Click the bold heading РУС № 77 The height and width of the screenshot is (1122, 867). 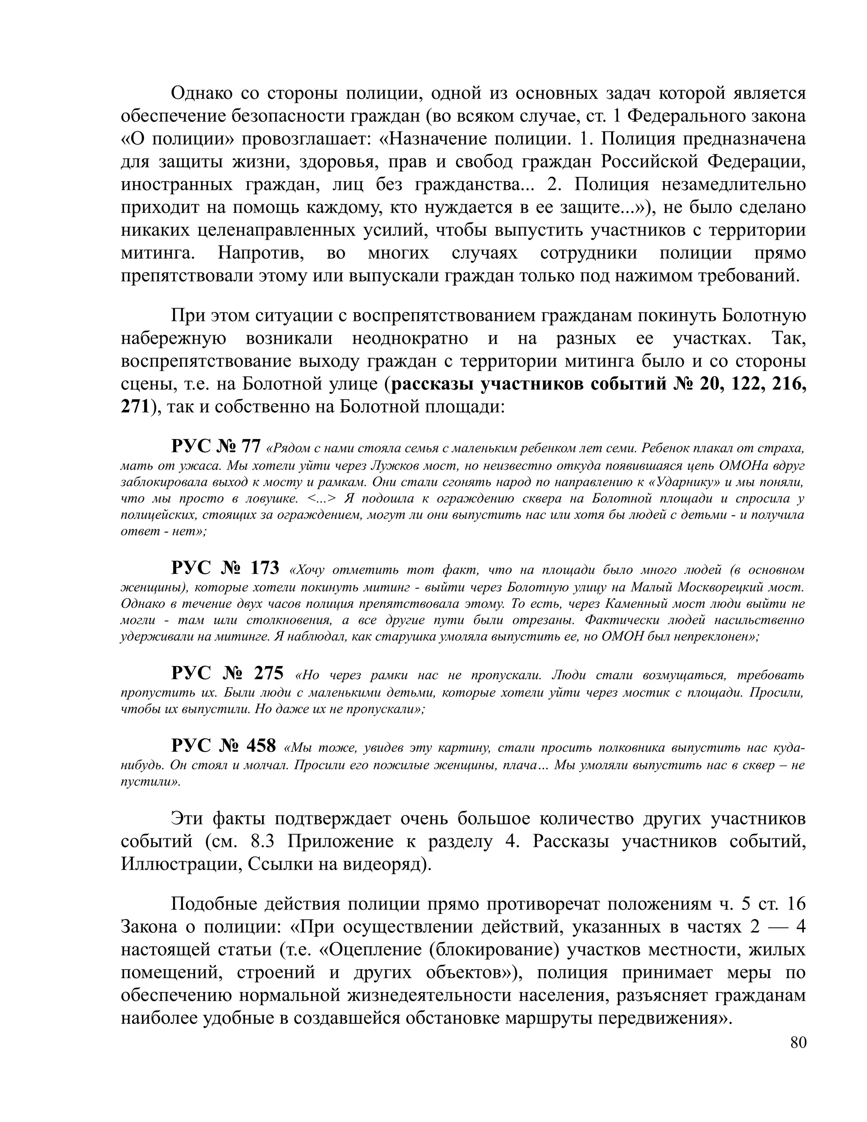tap(216, 446)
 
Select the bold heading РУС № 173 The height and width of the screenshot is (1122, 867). tap(225, 568)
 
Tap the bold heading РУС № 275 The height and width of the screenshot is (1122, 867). tap(227, 673)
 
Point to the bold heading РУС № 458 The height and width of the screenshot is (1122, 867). tap(224, 745)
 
